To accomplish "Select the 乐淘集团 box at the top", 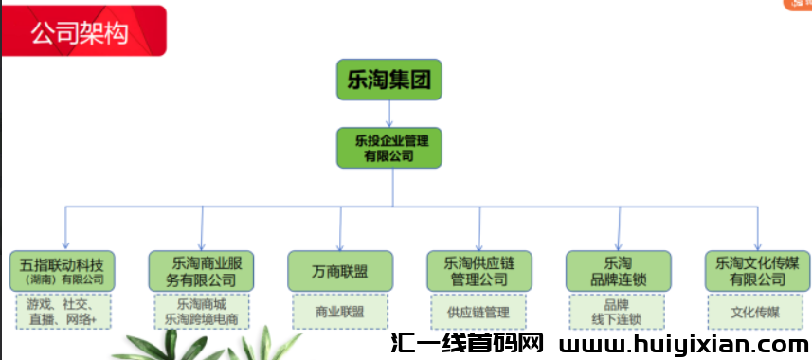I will point(389,80).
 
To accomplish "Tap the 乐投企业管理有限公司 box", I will point(389,148).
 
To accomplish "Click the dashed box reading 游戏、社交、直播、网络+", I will point(63,312).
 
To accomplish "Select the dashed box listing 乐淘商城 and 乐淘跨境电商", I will point(202,312).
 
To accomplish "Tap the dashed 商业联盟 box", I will point(340,312).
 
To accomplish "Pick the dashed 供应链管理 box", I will point(478,312).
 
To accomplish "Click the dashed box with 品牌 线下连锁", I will point(618,312).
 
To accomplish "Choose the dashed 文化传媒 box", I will point(757,312).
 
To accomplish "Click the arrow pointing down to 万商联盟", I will point(340,229).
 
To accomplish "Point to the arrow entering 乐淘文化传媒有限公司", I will point(757,229).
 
